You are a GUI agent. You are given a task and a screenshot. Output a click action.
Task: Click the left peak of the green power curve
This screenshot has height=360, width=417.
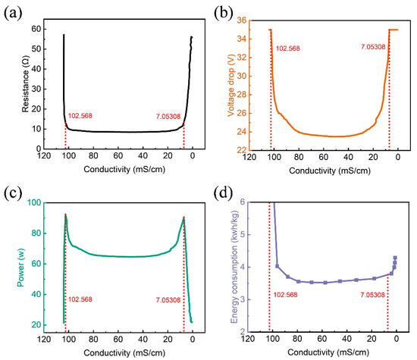click(66, 215)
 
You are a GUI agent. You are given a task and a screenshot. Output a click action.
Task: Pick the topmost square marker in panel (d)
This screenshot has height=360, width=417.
click(395, 258)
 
